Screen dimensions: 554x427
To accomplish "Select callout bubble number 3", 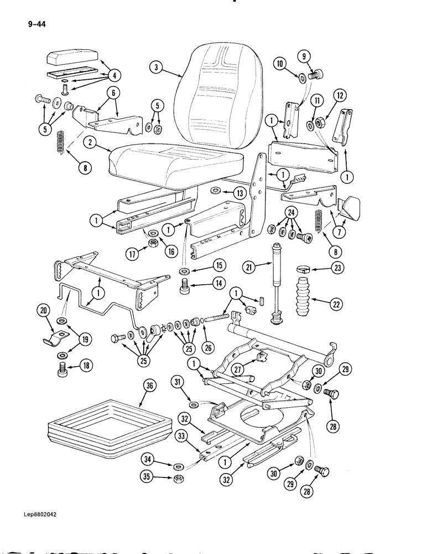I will pyautogui.click(x=157, y=68).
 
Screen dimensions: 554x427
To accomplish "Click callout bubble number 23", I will pyautogui.click(x=336, y=269).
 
